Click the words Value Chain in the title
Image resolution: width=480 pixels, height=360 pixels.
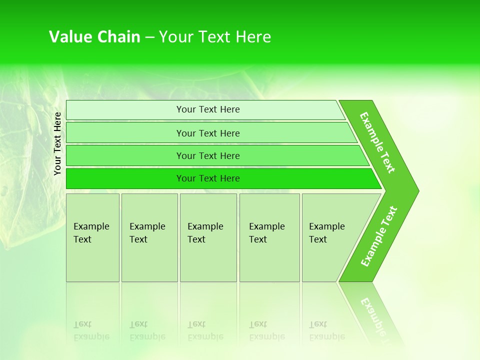[x=94, y=37]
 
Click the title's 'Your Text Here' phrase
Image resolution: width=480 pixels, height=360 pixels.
[x=215, y=37]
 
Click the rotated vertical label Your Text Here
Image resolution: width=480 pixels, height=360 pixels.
[x=58, y=144]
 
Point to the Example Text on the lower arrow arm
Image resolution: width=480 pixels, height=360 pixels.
[x=378, y=236]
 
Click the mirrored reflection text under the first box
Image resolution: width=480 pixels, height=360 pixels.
[x=91, y=331]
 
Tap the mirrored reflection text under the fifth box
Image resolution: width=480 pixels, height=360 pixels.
[x=326, y=331]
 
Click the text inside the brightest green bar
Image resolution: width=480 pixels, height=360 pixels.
[x=208, y=178]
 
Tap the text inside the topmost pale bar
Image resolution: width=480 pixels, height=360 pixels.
[x=208, y=109]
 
